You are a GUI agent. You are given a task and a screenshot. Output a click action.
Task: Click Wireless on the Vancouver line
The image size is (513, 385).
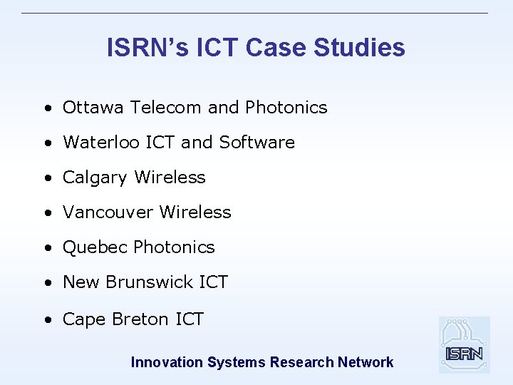tap(195, 212)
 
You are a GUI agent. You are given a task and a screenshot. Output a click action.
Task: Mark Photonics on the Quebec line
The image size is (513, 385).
tap(174, 247)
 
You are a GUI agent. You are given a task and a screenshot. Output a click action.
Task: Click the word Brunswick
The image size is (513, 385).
tap(149, 282)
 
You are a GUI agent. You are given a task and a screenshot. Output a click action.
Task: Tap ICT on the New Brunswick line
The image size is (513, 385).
tap(213, 282)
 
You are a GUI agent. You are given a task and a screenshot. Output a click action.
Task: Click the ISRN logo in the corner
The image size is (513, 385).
tap(464, 345)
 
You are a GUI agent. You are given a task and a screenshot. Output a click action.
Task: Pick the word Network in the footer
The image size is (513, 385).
tap(366, 362)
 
